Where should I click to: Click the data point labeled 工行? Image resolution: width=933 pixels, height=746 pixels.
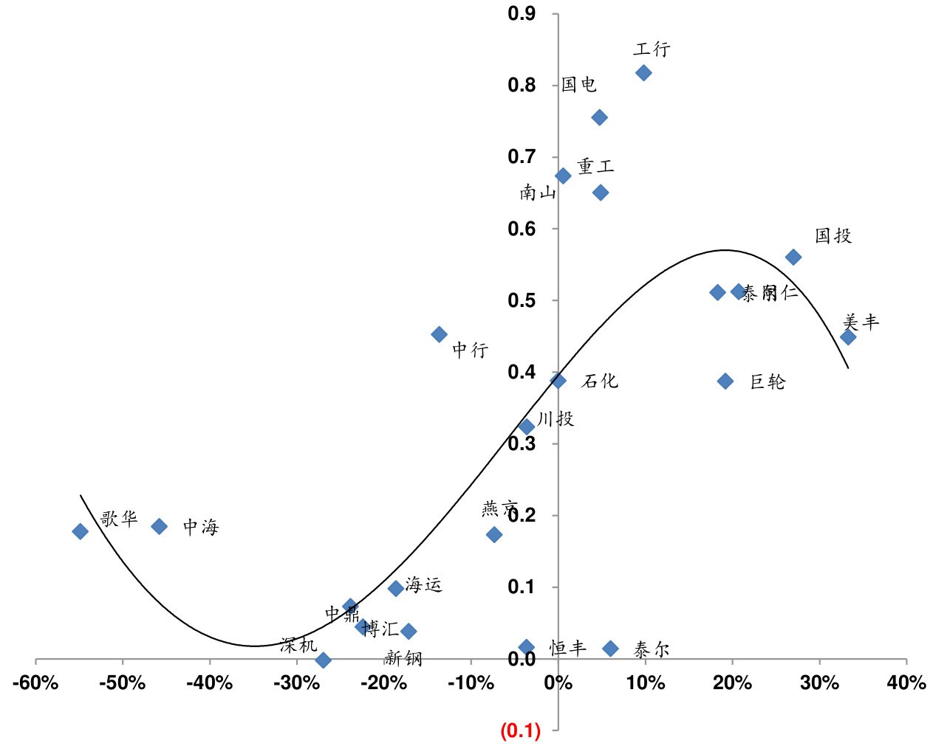click(643, 72)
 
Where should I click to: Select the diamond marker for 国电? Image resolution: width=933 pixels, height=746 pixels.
click(600, 117)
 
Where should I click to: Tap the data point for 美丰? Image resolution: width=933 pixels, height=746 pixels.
click(848, 337)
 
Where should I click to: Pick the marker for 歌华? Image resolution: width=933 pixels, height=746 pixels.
click(81, 531)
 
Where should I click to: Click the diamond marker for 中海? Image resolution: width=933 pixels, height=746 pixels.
click(160, 526)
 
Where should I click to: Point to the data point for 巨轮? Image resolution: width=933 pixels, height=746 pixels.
click(725, 381)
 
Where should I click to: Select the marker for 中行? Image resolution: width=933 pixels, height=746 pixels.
click(439, 334)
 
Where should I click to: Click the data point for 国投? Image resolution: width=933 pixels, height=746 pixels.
click(793, 257)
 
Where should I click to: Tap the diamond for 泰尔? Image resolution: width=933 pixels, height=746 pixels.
click(610, 649)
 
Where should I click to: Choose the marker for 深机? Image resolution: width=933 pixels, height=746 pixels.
click(323, 660)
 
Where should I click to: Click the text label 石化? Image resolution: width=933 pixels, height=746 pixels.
click(600, 381)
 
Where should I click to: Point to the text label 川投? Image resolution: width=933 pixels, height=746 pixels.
click(556, 419)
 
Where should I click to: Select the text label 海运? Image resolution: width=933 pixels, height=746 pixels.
click(423, 585)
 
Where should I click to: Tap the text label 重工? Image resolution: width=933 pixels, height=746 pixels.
click(595, 167)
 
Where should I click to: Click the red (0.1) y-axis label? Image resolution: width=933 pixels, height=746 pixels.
click(521, 731)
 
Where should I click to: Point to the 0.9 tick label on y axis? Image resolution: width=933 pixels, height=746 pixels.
click(522, 13)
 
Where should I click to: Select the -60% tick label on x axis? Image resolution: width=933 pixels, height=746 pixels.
click(35, 683)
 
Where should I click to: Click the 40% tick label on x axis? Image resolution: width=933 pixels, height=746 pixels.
click(906, 683)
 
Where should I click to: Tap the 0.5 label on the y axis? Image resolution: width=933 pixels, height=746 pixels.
click(522, 300)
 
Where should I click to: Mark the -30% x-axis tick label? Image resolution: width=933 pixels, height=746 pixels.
click(297, 683)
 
